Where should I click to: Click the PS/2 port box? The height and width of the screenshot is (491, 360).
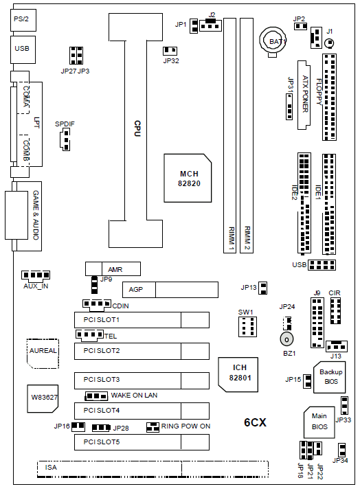[x=23, y=20]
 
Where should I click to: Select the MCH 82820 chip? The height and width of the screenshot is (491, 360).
[x=188, y=178]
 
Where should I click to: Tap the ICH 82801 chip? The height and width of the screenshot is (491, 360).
[x=238, y=374]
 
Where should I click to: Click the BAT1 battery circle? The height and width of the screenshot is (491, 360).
[x=273, y=40]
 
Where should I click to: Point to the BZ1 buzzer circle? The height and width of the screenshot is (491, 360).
[x=286, y=339]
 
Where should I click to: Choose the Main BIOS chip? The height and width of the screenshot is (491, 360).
[x=319, y=422]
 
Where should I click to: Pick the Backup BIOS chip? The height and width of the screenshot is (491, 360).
[x=330, y=377]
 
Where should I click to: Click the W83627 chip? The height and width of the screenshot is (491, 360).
[x=43, y=398]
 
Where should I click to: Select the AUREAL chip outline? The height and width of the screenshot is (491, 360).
[x=43, y=354]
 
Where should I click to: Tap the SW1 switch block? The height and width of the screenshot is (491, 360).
[x=247, y=327]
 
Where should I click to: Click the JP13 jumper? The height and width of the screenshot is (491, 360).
[x=263, y=288]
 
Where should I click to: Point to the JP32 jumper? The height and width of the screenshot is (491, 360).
[x=170, y=50]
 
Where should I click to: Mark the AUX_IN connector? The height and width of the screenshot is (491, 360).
[x=36, y=275]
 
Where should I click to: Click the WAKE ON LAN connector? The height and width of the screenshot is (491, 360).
[x=96, y=396]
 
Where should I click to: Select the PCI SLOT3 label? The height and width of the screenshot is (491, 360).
[x=102, y=380]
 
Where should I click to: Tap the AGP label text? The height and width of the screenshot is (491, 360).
[x=135, y=290]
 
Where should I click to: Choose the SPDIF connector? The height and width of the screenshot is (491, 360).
[x=65, y=140]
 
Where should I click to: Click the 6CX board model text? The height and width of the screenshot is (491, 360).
[x=255, y=422]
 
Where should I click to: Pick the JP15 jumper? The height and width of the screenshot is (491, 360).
[x=307, y=381]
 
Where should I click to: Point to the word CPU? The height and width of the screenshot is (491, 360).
[x=137, y=128]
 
